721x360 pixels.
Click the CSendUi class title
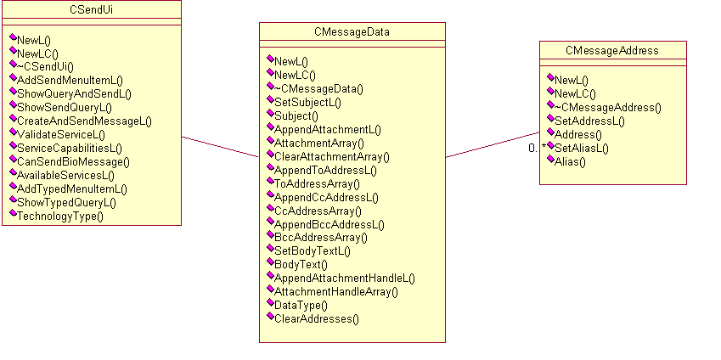click(x=91, y=9)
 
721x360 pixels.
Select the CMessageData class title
click(x=352, y=32)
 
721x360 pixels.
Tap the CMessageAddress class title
click(x=612, y=51)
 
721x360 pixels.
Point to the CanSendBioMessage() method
click(x=73, y=161)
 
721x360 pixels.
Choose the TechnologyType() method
click(x=59, y=216)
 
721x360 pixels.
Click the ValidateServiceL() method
click(x=61, y=134)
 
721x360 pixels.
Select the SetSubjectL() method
click(x=307, y=102)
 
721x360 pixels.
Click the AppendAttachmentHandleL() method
click(x=344, y=278)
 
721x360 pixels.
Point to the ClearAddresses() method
click(x=316, y=318)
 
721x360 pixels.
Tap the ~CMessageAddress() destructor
click(x=607, y=107)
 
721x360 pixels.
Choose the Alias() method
click(x=570, y=161)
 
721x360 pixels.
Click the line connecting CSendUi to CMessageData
click(x=221, y=146)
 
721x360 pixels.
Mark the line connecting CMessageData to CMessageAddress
click(x=493, y=144)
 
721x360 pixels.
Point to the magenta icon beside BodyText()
click(x=269, y=262)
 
